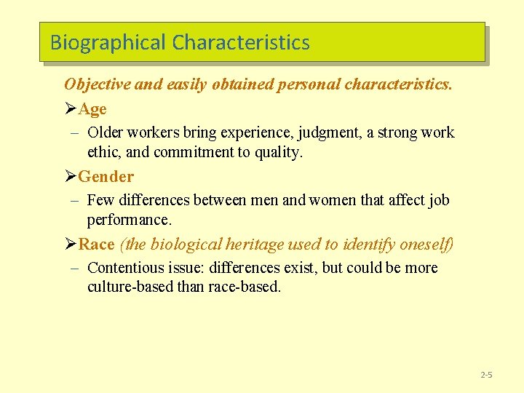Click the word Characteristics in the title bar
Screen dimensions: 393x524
[241, 43]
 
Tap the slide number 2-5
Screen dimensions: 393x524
[486, 375]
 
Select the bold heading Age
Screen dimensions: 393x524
[92, 109]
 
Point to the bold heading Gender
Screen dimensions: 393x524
[106, 177]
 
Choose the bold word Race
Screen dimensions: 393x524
[96, 245]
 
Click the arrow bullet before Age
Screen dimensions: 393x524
[71, 109]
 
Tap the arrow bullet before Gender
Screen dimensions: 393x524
[71, 177]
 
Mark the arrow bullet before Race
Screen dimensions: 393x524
[71, 245]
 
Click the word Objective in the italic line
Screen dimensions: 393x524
[97, 84]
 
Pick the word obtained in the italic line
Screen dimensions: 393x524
[240, 84]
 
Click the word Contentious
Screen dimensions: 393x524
[124, 268]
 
